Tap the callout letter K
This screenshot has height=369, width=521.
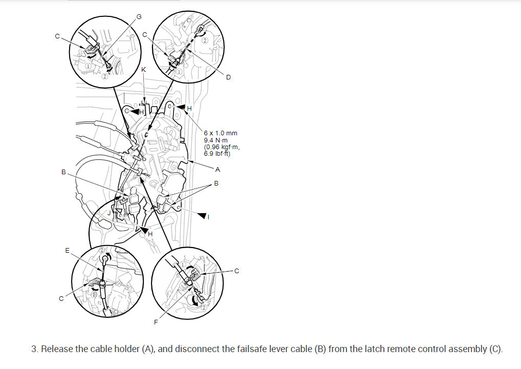click(143, 69)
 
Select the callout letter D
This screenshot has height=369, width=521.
click(228, 77)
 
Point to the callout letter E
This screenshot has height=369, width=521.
click(67, 251)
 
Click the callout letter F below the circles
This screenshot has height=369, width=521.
click(156, 322)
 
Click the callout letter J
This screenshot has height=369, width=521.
click(109, 212)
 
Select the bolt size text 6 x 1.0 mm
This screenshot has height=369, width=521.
click(220, 133)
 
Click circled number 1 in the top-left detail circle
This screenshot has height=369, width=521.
click(88, 66)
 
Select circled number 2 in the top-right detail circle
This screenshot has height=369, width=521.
click(205, 40)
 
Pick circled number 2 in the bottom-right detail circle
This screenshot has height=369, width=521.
click(204, 307)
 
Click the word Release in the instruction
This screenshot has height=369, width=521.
click(56, 350)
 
